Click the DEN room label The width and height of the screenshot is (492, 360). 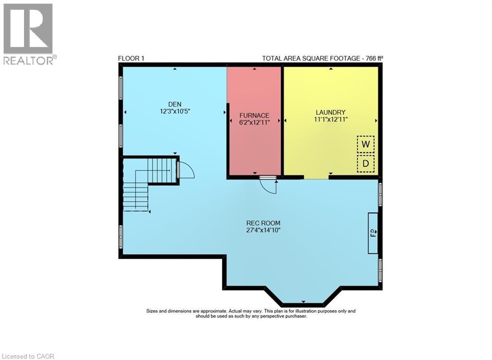pyautogui.click(x=174, y=104)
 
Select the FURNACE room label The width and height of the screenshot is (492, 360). pyautogui.click(x=254, y=115)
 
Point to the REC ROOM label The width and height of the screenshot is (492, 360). pyautogui.click(x=263, y=223)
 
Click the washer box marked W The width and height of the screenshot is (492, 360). pyautogui.click(x=366, y=144)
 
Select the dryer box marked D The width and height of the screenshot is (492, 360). pyautogui.click(x=366, y=164)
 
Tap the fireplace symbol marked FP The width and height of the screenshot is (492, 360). pyautogui.click(x=373, y=233)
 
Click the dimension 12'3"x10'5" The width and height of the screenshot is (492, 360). pyautogui.click(x=174, y=111)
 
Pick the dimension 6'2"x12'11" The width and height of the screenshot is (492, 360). pyautogui.click(x=254, y=122)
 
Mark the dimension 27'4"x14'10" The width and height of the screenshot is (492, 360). pyautogui.click(x=263, y=230)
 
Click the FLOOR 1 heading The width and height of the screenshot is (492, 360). pyautogui.click(x=131, y=59)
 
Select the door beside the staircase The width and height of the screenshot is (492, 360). pyautogui.click(x=185, y=170)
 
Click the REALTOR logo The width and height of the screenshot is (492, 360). pyautogui.click(x=28, y=34)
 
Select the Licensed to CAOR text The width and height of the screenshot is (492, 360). pyautogui.click(x=28, y=356)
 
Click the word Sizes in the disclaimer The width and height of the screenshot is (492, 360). pyautogui.click(x=154, y=311)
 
